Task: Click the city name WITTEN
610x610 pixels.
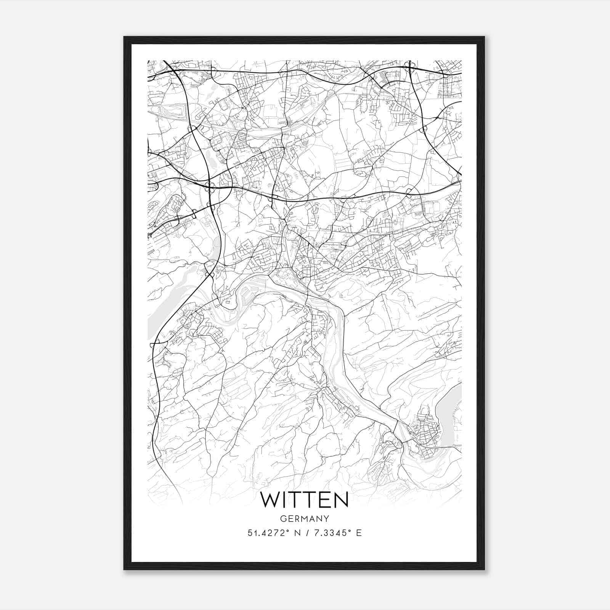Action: click(x=304, y=500)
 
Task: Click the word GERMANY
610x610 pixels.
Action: click(x=304, y=518)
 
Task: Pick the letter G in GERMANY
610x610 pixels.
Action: click(x=283, y=518)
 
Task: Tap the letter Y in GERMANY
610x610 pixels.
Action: click(x=326, y=518)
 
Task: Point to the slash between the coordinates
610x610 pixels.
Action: click(x=307, y=533)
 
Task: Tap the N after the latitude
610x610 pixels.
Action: click(x=297, y=533)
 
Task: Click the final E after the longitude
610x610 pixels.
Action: click(x=358, y=533)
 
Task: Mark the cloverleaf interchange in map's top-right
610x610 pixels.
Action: click(x=411, y=68)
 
